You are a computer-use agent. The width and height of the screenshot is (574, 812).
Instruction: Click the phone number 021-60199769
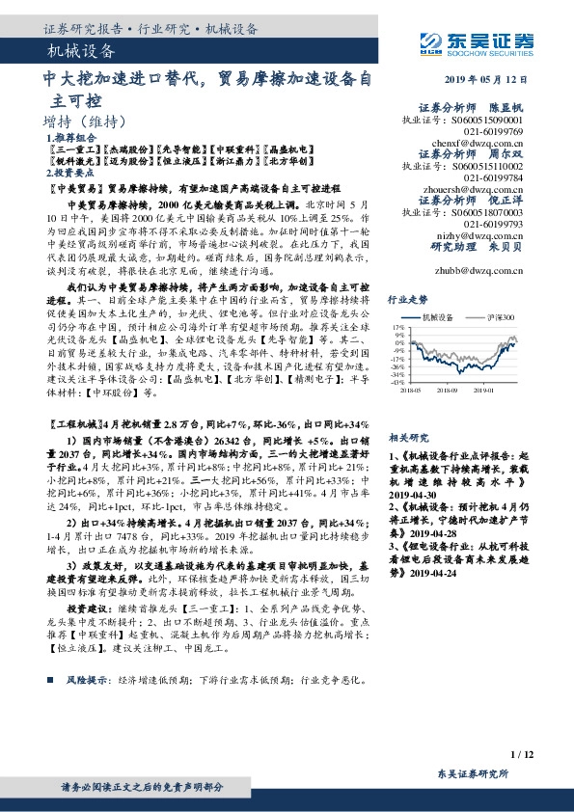[x=493, y=129]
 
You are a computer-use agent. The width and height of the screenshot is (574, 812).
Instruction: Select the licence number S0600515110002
[x=480, y=166]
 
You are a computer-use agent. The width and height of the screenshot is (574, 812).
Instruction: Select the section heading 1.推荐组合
[x=68, y=138]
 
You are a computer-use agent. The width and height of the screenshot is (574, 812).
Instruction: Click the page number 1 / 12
[x=520, y=753]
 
